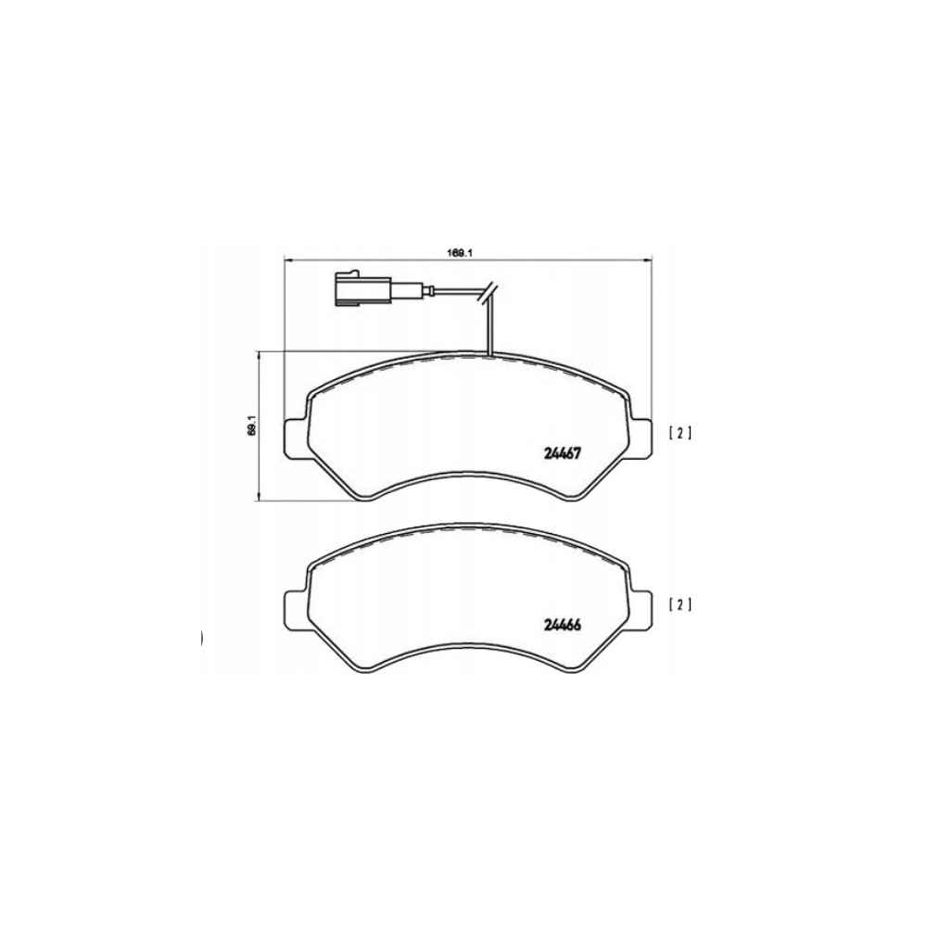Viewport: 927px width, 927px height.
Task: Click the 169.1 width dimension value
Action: [x=461, y=253]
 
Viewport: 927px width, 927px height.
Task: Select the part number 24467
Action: [x=563, y=453]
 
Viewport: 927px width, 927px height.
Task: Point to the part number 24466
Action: [x=563, y=625]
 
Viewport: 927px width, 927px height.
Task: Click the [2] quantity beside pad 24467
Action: [x=679, y=433]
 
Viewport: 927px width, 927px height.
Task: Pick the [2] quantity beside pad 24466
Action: [x=679, y=604]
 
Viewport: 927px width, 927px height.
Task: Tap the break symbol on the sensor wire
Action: [x=489, y=293]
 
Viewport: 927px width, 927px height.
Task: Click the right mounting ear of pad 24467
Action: [x=640, y=438]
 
